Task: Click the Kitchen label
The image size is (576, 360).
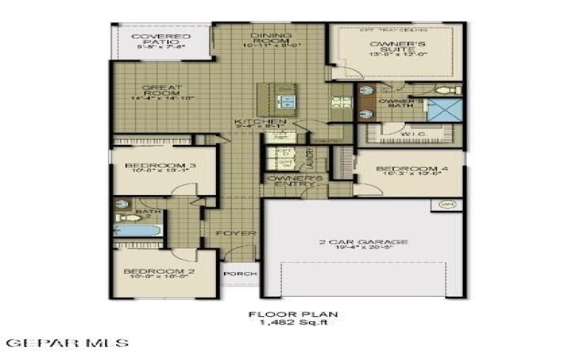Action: pos(260,122)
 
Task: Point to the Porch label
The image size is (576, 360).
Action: pos(238,274)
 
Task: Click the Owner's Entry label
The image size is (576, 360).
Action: pos(293,180)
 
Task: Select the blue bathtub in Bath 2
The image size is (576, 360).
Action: pos(136,230)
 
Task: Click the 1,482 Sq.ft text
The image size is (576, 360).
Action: pos(292,322)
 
